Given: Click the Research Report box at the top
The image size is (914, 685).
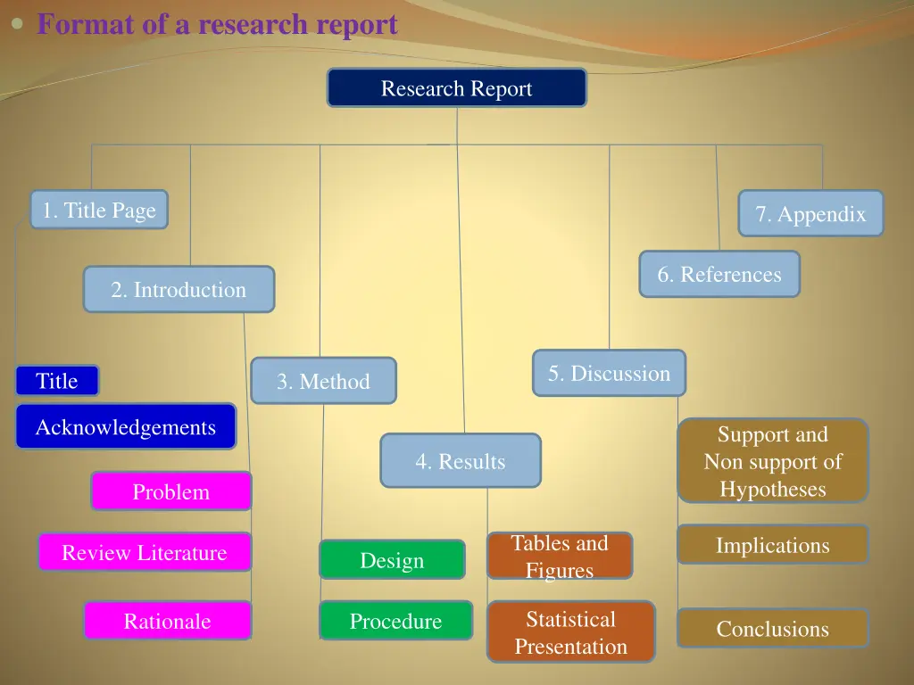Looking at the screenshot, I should click(x=456, y=88).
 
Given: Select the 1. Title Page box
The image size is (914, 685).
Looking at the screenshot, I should click(x=99, y=210).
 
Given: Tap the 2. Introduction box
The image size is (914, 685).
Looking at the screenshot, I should click(x=179, y=289).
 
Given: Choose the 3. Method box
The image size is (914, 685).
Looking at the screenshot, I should click(x=323, y=381).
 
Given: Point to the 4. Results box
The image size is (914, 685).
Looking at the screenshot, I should click(x=460, y=460).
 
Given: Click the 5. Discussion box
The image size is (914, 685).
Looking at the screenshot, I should click(x=609, y=373).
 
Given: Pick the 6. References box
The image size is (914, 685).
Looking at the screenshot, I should click(x=719, y=274).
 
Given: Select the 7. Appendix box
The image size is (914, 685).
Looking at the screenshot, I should click(x=810, y=213).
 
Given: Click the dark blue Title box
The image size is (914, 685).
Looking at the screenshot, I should click(x=57, y=381).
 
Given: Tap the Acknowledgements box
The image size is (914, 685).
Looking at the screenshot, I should click(x=126, y=426).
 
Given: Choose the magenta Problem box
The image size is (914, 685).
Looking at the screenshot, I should click(x=170, y=491).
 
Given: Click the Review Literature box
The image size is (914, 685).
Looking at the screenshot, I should click(x=145, y=552).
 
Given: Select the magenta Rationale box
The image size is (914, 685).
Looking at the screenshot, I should click(x=168, y=620).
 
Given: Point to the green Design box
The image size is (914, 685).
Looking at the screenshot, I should click(x=392, y=560).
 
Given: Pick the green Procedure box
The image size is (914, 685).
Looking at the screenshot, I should click(x=395, y=620).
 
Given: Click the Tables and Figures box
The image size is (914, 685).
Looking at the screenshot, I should click(x=560, y=556).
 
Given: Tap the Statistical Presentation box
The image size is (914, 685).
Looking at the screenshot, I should click(x=570, y=631).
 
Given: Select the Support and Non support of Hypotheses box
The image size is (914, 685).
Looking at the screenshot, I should click(x=772, y=461).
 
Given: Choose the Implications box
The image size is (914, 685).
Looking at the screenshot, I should click(x=772, y=545).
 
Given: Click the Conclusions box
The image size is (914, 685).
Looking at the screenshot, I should click(x=772, y=628).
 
